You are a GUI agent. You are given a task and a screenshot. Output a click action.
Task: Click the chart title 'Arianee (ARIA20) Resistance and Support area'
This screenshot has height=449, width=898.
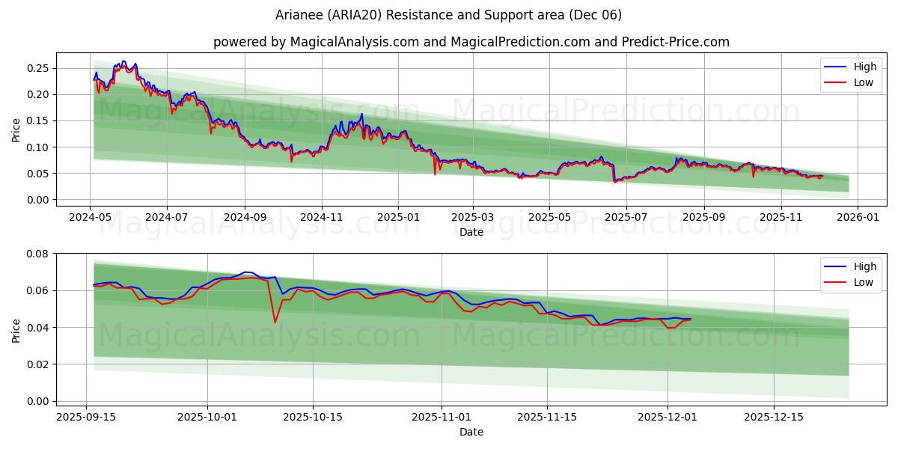(448, 15)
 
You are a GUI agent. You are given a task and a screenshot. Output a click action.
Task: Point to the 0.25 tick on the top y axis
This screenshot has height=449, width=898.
(37, 68)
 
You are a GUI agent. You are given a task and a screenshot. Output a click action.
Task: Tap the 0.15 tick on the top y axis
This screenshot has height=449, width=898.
(37, 120)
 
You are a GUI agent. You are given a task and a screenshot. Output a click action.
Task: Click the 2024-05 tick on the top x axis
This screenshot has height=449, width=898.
(91, 216)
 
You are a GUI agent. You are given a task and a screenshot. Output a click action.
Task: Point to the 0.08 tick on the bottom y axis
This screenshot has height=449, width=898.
(37, 254)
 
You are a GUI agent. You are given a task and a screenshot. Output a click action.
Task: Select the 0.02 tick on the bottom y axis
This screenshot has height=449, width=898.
(37, 364)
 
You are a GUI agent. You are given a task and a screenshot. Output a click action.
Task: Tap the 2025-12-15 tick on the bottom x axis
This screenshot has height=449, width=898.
(772, 417)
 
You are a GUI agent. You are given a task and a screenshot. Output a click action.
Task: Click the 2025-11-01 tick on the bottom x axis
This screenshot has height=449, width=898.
(442, 417)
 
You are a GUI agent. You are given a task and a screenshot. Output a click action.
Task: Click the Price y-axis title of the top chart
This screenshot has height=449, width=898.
(16, 129)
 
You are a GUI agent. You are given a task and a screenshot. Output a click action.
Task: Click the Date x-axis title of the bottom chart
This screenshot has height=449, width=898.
(471, 432)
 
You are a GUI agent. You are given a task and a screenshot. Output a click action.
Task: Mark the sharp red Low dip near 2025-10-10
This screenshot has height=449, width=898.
(275, 323)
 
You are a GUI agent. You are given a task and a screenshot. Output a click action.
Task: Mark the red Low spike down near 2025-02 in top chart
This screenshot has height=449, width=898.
(435, 174)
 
